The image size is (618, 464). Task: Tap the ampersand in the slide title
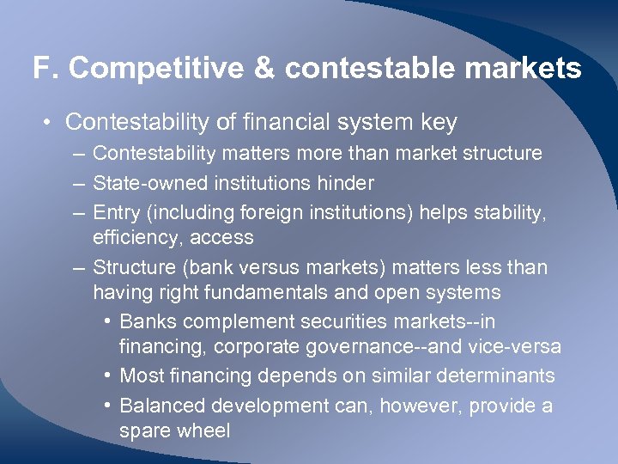(x=266, y=68)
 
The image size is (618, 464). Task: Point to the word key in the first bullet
(x=439, y=123)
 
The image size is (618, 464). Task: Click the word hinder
(x=345, y=182)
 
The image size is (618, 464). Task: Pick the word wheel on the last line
(x=206, y=430)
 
